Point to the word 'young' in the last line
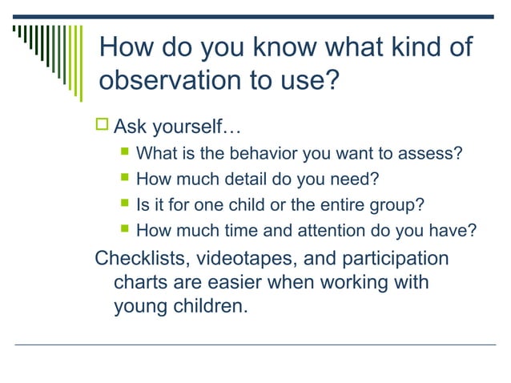click(x=144, y=305)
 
